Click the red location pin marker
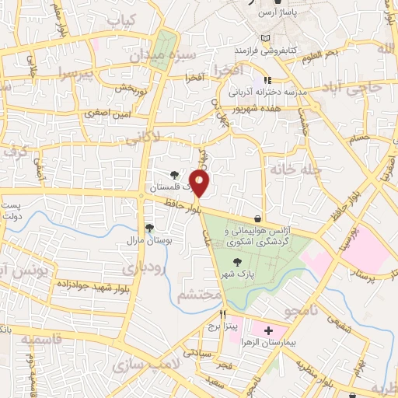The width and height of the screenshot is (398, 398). tap(201, 183)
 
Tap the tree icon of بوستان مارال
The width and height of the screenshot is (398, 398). tap(148, 228)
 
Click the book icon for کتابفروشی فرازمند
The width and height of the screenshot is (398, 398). tap(267, 38)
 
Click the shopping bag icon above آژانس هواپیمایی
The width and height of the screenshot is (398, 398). tap(257, 218)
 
